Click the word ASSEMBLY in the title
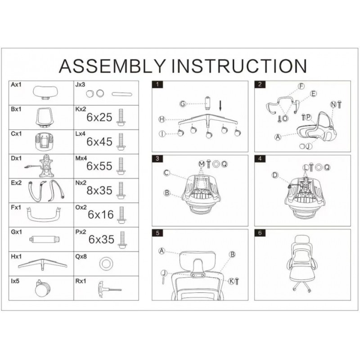point(112,66)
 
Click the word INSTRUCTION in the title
point(239,66)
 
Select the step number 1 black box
point(157,84)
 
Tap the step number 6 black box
point(260,233)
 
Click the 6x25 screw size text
point(99,117)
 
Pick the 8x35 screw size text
point(99,190)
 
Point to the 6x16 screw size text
point(100,215)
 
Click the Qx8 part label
point(81,256)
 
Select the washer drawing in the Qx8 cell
point(106,264)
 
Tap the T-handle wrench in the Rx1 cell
point(109,289)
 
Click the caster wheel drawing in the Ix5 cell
point(42,288)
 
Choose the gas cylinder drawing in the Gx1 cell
point(45,239)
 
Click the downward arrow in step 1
point(220,106)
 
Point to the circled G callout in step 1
point(183,104)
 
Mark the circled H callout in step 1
point(162,119)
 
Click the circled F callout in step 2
point(301,86)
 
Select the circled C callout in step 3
point(166,173)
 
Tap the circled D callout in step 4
point(274,175)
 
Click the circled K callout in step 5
point(231,281)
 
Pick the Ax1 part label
point(16,85)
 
